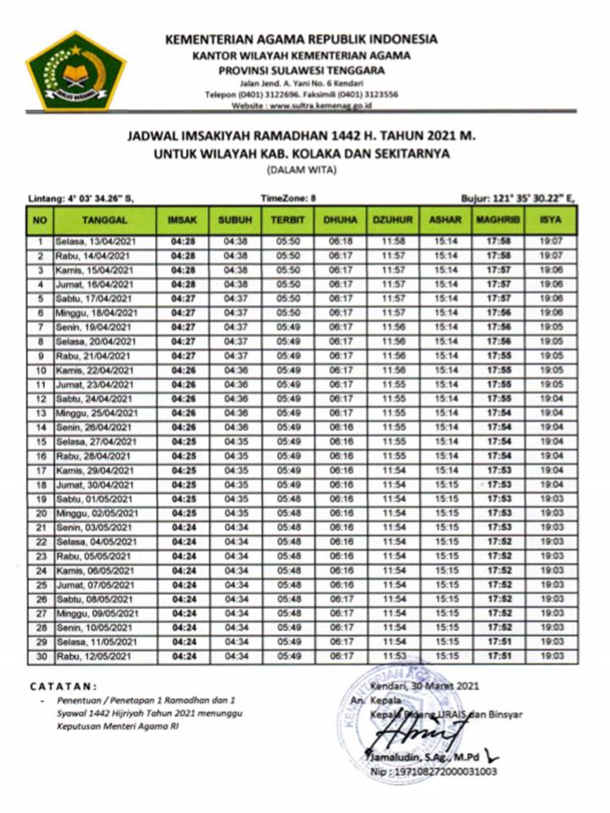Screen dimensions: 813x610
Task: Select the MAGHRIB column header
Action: click(x=491, y=220)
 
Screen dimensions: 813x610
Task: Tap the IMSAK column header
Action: click(x=182, y=220)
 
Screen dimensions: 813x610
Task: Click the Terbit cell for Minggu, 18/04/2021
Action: click(x=287, y=312)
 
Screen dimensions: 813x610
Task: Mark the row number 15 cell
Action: click(x=39, y=441)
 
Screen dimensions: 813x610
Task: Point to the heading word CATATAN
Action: click(x=64, y=686)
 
